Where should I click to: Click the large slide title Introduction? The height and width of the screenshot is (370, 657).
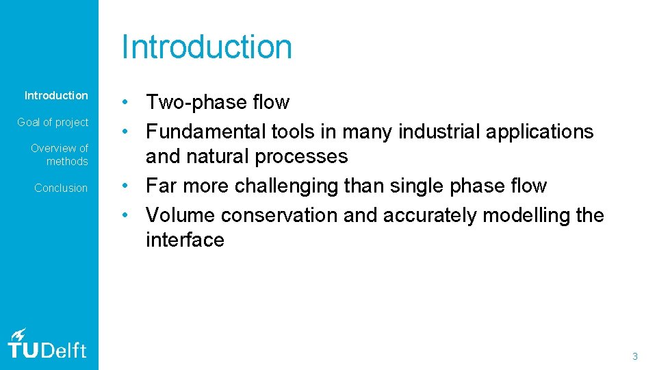tap(207, 47)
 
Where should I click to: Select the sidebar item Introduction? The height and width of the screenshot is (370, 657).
tap(56, 95)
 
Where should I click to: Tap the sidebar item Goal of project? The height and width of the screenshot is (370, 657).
tap(53, 122)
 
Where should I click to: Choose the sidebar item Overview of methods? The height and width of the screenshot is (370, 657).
tap(60, 154)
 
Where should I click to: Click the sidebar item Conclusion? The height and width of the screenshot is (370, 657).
tap(61, 188)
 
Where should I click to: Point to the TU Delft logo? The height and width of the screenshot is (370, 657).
tap(47, 344)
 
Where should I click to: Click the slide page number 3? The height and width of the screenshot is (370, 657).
tap(634, 356)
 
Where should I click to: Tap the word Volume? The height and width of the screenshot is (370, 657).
tap(180, 215)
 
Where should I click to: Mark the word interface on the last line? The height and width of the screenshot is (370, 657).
tap(185, 240)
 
